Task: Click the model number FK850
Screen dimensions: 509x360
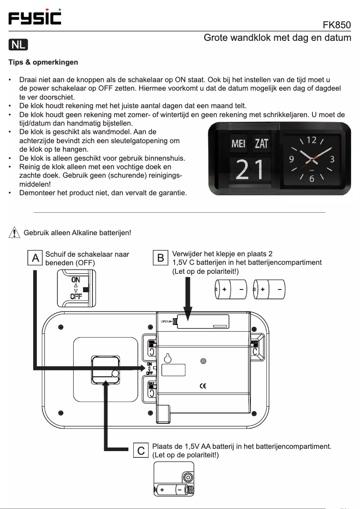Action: click(337, 24)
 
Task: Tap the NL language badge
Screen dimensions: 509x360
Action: click(18, 44)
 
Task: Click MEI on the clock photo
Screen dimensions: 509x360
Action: click(238, 144)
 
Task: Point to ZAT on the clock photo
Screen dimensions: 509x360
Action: click(261, 144)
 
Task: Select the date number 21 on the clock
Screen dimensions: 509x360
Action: click(250, 170)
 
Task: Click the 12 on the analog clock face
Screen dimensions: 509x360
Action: click(311, 140)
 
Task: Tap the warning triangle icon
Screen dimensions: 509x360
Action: click(15, 233)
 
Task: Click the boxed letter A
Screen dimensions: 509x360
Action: click(35, 258)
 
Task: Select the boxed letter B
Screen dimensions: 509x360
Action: click(160, 258)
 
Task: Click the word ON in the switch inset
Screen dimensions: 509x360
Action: click(75, 279)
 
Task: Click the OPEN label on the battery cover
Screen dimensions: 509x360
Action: click(166, 321)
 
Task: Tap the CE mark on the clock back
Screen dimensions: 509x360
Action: click(202, 386)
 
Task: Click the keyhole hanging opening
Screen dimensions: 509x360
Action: click(168, 358)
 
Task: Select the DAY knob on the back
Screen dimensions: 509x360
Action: click(152, 390)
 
